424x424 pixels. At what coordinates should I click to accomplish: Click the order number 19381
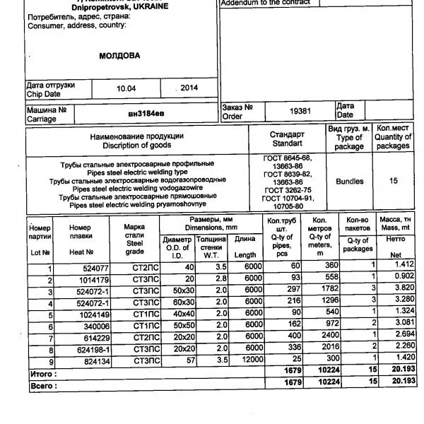pos(300,111)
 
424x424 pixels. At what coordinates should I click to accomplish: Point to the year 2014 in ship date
pos(189,88)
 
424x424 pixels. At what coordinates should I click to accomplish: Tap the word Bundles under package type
pos(349,181)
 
